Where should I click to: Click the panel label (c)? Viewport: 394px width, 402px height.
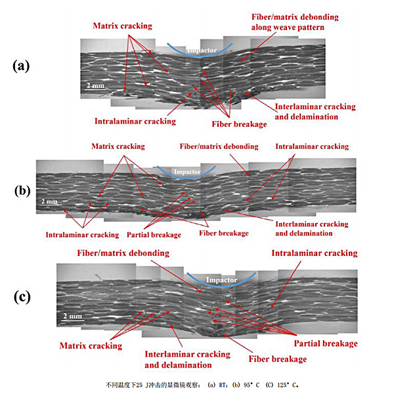point(22,297)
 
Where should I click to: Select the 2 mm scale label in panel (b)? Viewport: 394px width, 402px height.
point(49,201)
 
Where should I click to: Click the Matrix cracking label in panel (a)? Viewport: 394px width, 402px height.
point(122,26)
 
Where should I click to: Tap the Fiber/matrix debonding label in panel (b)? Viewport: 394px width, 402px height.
point(218,146)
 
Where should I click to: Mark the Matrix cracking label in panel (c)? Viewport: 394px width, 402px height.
point(91,345)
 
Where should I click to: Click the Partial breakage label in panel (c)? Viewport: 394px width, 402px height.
point(326,343)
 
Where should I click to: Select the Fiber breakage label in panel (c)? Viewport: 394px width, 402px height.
point(277,359)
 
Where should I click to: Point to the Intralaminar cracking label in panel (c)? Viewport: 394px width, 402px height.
point(315,253)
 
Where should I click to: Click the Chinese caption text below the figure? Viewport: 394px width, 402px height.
point(197,384)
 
